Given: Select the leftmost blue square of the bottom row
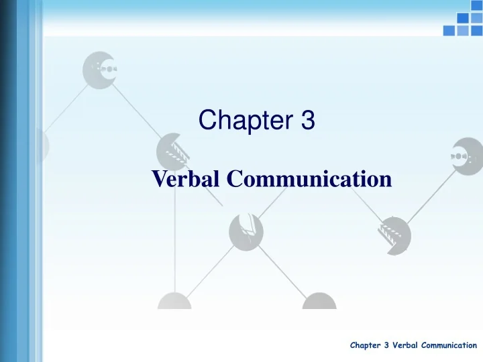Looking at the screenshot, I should [x=449, y=30].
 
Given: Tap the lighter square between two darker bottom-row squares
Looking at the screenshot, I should [x=461, y=30].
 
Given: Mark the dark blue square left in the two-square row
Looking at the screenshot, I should [x=462, y=18].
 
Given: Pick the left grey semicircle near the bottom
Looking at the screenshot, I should [x=174, y=301].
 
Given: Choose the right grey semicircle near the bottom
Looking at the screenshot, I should [x=319, y=301].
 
